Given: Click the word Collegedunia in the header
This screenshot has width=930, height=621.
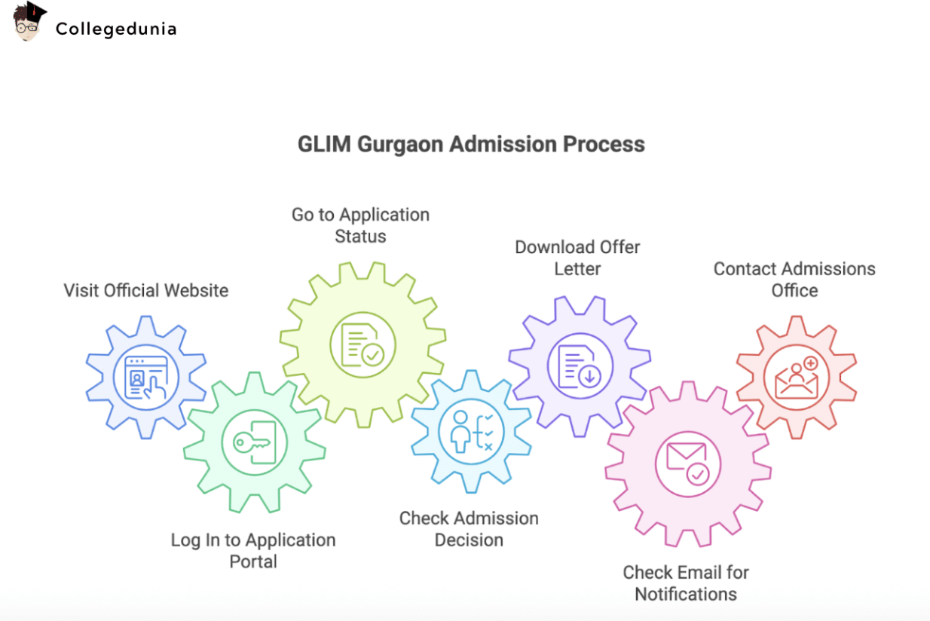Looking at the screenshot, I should tap(116, 29).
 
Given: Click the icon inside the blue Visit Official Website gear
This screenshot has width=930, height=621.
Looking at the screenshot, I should tap(146, 376).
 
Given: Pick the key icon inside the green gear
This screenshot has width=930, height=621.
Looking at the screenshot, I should tap(254, 443).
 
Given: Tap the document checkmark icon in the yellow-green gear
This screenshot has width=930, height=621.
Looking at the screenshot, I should tap(363, 344).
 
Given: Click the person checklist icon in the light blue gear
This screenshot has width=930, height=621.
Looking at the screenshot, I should tap(471, 431).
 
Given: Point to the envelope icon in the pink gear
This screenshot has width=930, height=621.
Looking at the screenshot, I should tap(687, 463).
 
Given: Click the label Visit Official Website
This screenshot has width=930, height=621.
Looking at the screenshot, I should tap(146, 290).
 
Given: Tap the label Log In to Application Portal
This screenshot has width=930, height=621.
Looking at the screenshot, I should tap(253, 550).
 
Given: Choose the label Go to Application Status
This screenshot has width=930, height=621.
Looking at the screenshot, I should tap(360, 225).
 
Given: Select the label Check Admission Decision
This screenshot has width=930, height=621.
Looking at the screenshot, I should tap(469, 528).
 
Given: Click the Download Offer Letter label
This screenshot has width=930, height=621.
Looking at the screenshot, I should tap(577, 257).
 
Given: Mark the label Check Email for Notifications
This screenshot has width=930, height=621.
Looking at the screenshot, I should tap(686, 583).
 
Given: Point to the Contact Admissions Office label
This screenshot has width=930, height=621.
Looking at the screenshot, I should tap(794, 279).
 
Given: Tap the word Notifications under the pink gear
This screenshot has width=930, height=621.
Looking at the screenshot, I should tap(686, 594).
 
